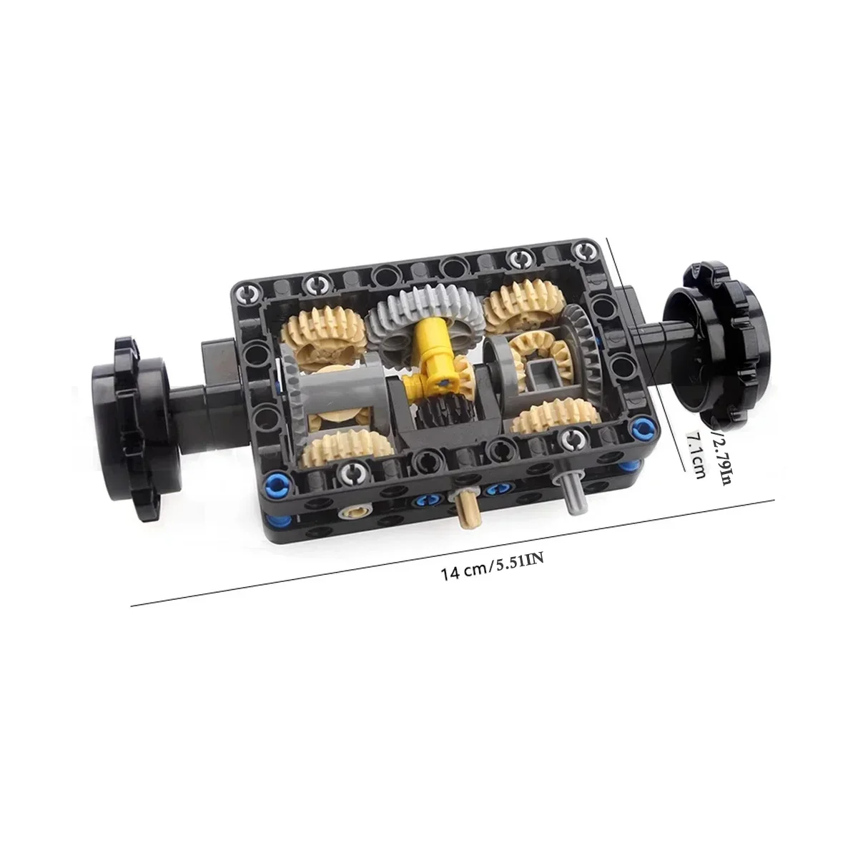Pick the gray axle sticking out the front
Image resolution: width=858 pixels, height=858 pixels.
(574, 493)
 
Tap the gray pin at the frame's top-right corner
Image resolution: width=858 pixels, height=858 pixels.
(587, 251)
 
